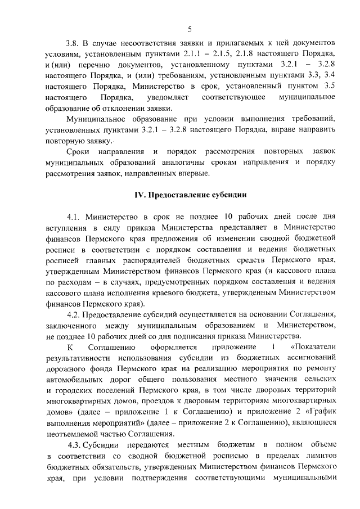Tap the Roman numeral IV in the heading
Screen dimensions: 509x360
(x=138, y=195)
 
